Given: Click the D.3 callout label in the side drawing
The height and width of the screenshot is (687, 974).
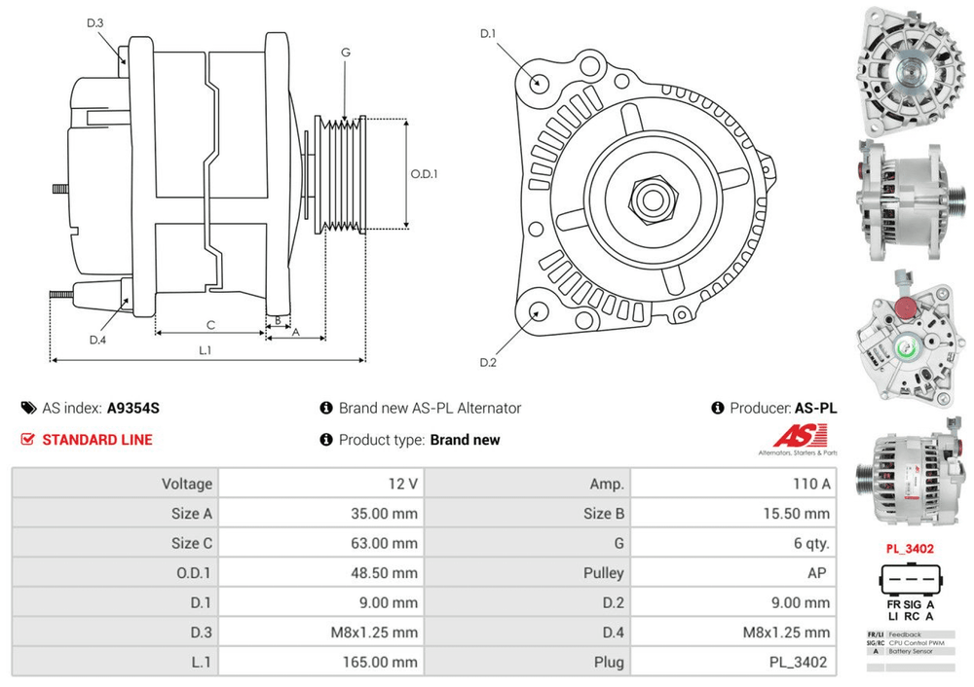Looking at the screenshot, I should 94,22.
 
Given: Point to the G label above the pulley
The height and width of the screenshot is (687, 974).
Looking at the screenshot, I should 346,52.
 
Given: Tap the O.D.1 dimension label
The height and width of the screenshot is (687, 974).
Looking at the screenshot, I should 424,174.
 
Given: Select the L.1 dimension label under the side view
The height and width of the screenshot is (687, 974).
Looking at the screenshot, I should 206,349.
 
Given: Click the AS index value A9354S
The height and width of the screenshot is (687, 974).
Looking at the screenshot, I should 133,409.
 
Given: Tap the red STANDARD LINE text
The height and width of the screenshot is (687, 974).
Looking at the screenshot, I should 97,440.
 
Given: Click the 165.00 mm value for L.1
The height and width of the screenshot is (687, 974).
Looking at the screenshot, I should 385,663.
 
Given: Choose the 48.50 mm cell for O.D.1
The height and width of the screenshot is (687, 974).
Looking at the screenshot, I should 385,573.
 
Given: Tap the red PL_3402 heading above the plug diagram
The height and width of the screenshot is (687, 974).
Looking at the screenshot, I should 910,549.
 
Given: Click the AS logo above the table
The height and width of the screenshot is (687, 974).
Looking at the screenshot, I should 798,441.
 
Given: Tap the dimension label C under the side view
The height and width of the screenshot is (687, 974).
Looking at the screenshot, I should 210,325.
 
